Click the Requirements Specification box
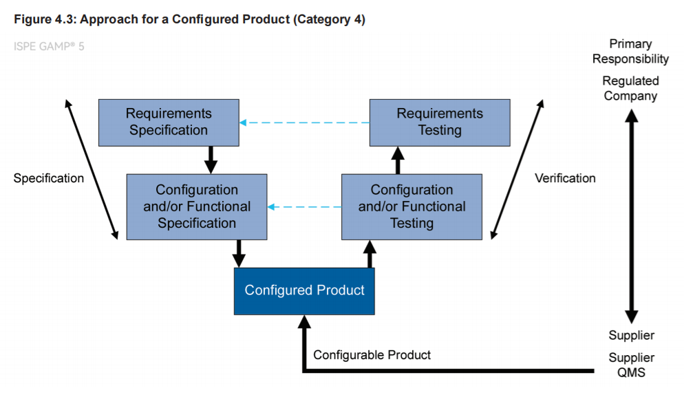(169, 122)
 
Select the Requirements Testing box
(440, 122)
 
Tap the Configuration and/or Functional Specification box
(197, 207)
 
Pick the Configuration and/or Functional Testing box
(412, 207)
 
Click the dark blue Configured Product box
(304, 291)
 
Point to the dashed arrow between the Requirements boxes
(304, 122)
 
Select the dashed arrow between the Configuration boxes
(304, 207)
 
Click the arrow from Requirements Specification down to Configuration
(211, 160)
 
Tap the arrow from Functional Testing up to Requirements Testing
(398, 160)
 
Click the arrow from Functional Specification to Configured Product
(239, 254)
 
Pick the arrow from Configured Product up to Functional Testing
(370, 254)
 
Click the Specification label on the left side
(49, 178)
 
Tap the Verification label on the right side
(565, 178)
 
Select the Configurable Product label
(372, 355)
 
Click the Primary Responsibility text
(630, 52)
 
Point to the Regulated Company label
(630, 88)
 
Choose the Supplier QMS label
(631, 365)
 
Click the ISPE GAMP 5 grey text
(49, 46)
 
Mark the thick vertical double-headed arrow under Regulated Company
(631, 216)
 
